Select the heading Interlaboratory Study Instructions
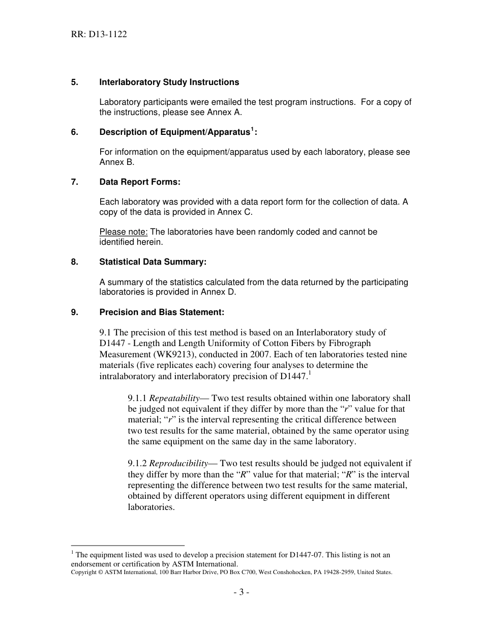coord(169,82)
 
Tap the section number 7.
coord(74,182)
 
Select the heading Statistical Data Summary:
coord(153,262)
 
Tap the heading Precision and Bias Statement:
coord(161,311)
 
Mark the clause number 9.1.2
coord(137,463)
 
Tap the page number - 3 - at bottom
coord(241,592)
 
